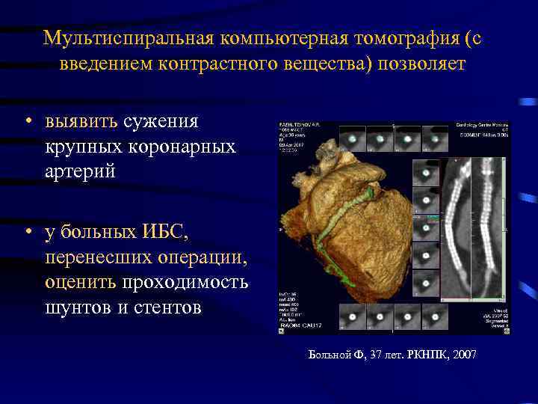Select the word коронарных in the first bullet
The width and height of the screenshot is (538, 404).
[x=188, y=146]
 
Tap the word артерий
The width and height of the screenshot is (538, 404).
[x=80, y=171]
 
